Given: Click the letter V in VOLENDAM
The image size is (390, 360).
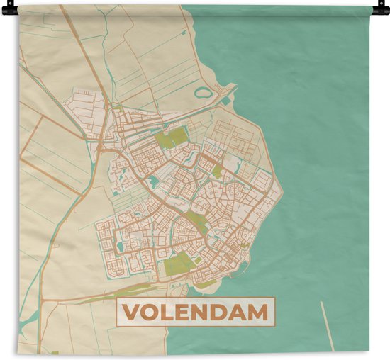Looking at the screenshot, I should tap(131, 312).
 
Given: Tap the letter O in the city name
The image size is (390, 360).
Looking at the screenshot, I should tap(150, 312).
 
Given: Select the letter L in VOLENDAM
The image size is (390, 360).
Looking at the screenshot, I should tap(168, 312).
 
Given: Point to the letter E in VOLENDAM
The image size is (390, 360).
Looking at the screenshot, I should tap(184, 312).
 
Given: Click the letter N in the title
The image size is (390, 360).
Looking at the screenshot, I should tap(202, 312).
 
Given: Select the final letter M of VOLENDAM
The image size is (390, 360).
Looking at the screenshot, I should tap(260, 312).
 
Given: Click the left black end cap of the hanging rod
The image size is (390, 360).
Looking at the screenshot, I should tap(5, 10).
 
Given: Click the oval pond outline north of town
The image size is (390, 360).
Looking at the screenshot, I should tap(204, 92).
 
